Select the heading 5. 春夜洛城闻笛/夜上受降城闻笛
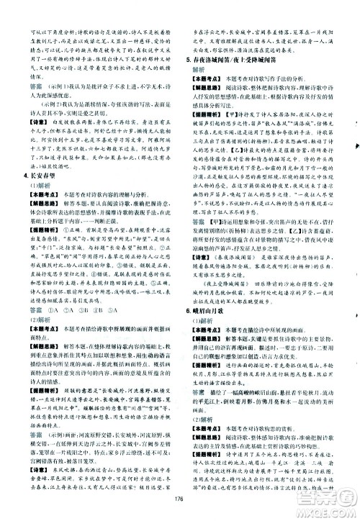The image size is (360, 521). pyautogui.click(x=235, y=65)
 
